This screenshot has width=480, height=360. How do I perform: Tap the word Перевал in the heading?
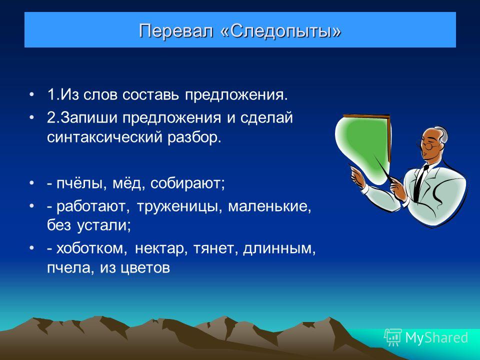(x=176, y=30)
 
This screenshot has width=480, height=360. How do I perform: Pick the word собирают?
(x=187, y=183)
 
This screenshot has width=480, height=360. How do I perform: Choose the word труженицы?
(x=179, y=206)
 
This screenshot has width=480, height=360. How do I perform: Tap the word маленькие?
(x=269, y=206)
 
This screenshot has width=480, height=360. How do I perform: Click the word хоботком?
(x=91, y=248)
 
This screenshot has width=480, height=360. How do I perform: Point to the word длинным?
(x=279, y=248)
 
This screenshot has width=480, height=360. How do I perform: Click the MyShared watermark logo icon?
(x=392, y=337)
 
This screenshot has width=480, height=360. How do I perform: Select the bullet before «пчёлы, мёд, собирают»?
(x=31, y=183)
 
